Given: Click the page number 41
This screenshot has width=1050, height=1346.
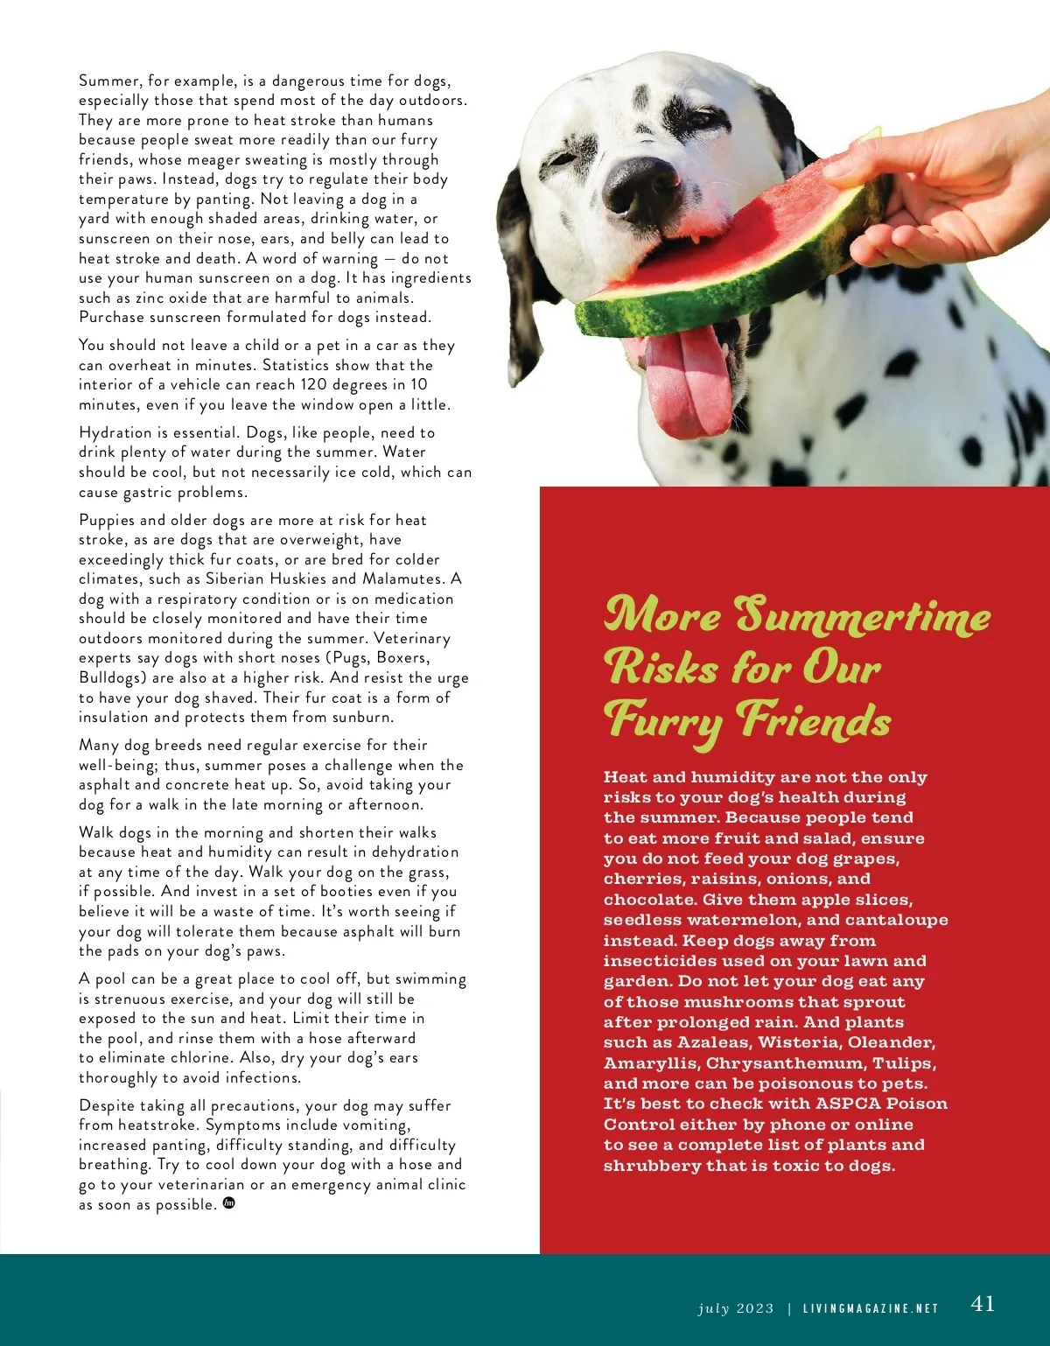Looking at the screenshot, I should (x=983, y=1304).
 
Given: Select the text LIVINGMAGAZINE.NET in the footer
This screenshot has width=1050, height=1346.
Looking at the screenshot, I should (x=871, y=1309).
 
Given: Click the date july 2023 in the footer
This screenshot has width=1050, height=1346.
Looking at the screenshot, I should (x=736, y=1309).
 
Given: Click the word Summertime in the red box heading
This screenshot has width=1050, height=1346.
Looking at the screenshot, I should (x=862, y=616).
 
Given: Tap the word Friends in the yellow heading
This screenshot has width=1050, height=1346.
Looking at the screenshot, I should (x=814, y=721).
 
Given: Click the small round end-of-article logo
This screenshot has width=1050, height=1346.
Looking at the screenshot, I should (x=230, y=1203).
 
